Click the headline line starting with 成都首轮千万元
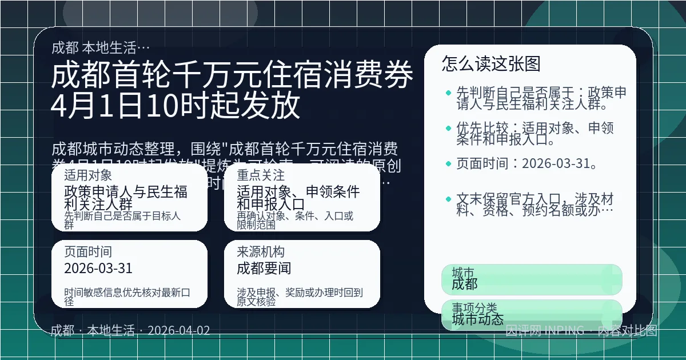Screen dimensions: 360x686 (x=232, y=75)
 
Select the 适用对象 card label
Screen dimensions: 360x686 (x=88, y=175)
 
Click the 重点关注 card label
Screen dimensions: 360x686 (x=261, y=175)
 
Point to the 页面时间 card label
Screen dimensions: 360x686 (x=88, y=252)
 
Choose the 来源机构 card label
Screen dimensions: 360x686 (x=261, y=252)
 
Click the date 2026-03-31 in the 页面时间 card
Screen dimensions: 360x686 (x=98, y=268)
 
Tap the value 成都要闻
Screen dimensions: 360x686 (x=264, y=268)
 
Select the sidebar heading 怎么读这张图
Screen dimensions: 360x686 (x=491, y=64)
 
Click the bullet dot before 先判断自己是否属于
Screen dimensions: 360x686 (x=448, y=92)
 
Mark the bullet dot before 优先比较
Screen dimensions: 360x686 (x=448, y=128)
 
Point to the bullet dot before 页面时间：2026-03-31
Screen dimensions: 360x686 (x=448, y=164)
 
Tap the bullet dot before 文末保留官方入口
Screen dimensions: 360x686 (x=448, y=199)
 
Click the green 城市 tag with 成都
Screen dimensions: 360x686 (x=532, y=279)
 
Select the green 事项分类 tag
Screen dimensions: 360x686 (x=532, y=315)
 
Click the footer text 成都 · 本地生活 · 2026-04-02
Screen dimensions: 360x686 (x=130, y=330)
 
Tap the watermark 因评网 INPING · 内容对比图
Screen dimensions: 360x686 (x=581, y=330)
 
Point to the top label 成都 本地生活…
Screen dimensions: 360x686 (x=101, y=47)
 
